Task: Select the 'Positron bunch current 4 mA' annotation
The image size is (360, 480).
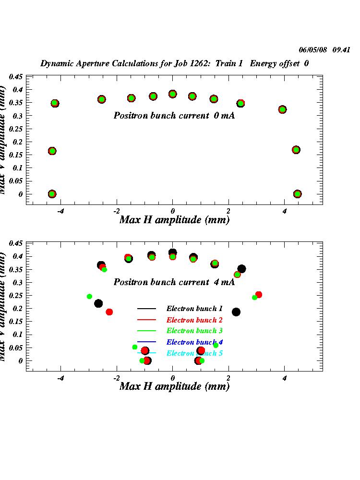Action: point(174,282)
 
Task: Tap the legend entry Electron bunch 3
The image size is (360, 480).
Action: point(194,331)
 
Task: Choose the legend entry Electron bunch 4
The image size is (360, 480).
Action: point(194,342)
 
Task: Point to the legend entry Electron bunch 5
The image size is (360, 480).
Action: point(194,353)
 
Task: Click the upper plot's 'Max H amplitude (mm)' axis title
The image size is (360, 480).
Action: point(174,220)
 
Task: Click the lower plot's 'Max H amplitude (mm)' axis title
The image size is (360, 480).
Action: point(174,386)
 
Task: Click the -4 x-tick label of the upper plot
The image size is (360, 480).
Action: point(60,211)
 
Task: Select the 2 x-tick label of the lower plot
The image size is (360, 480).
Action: point(228,378)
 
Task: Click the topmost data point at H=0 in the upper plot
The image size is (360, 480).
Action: point(173,94)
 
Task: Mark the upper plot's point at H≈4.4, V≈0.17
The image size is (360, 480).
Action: point(296,150)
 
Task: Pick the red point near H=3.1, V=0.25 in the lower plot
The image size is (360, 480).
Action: point(259,295)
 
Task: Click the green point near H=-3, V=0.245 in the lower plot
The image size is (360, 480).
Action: point(89,297)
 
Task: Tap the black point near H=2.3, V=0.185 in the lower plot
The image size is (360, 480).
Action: point(236,312)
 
